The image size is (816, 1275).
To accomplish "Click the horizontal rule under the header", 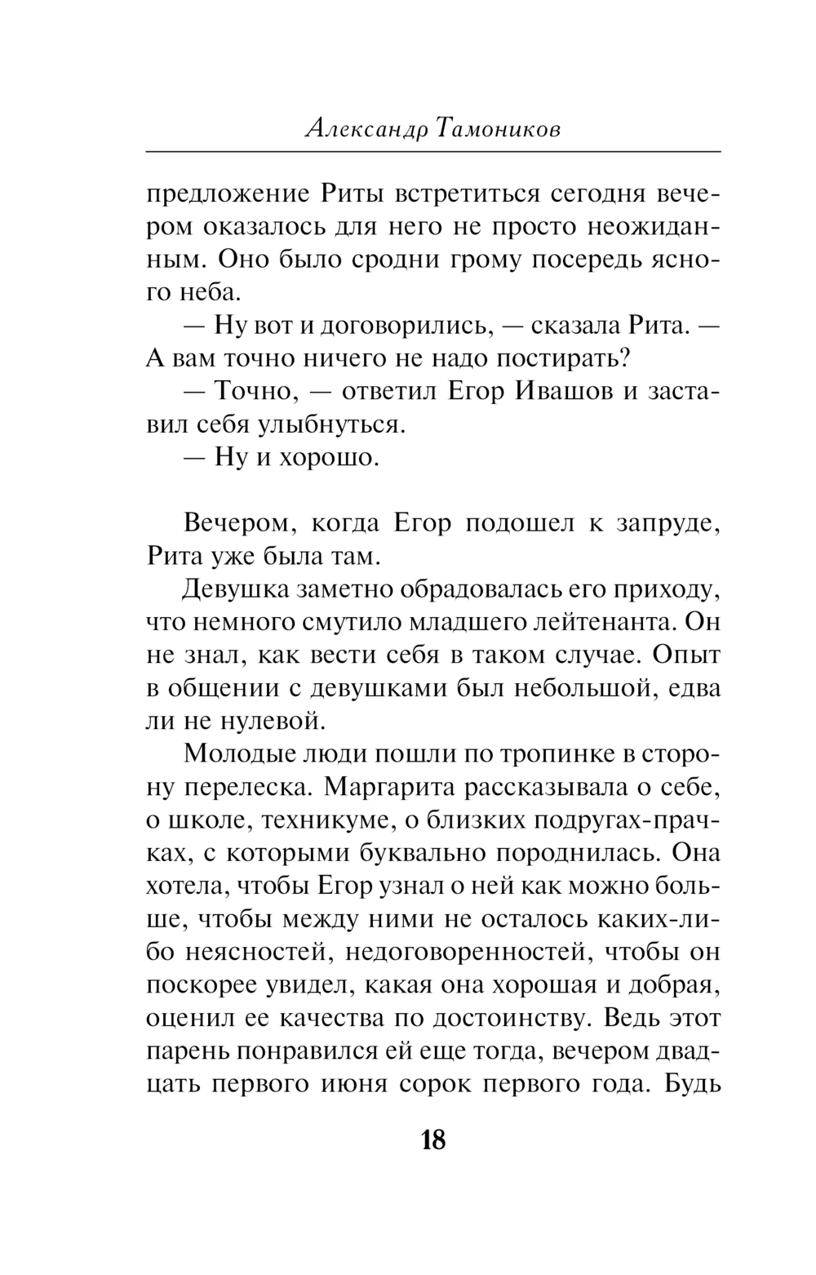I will pos(433,152).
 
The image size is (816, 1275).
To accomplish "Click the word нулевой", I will pos(274,722).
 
